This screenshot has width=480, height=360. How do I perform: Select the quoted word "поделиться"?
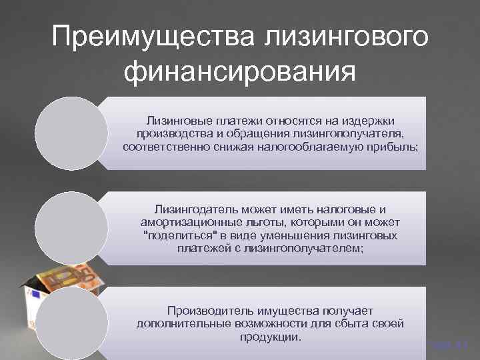click(x=177, y=235)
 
